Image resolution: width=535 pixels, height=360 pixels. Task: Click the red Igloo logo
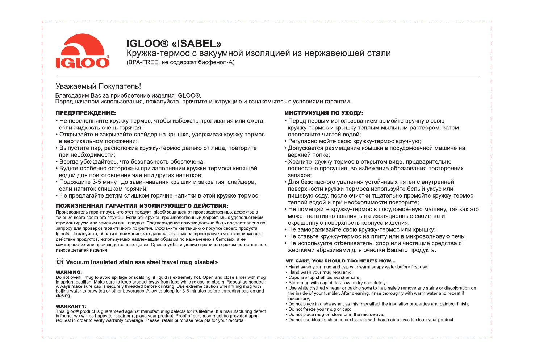(x=83, y=51)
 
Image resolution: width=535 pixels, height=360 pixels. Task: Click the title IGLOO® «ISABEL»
(x=174, y=44)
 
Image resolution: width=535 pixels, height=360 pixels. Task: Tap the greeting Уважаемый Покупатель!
(x=98, y=86)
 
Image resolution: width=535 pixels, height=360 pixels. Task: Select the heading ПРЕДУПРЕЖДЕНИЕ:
(x=86, y=113)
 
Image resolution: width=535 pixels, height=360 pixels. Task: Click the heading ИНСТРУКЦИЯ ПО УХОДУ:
(x=324, y=113)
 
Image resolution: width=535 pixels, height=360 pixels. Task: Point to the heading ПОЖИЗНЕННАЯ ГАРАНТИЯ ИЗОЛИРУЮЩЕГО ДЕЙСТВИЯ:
(x=142, y=206)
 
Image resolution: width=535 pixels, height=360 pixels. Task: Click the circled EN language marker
(x=60, y=262)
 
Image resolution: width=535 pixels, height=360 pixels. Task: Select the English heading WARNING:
(x=69, y=272)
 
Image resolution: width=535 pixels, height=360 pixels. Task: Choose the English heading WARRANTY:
(x=71, y=306)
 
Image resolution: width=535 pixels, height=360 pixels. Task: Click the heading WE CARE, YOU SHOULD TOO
(x=340, y=261)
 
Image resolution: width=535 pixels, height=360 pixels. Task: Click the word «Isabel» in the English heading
(x=206, y=262)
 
